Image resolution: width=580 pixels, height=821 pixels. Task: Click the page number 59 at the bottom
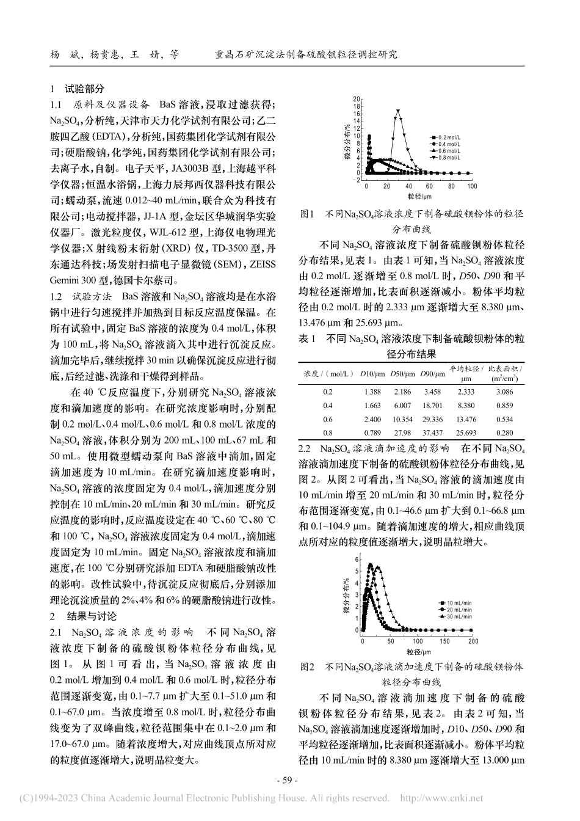287,780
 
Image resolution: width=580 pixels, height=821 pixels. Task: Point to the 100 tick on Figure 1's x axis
472,186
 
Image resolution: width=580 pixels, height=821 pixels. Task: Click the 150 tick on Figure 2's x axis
444,641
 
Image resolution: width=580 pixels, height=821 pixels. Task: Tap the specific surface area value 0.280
505,432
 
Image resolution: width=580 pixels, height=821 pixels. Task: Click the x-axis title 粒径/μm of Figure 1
419,197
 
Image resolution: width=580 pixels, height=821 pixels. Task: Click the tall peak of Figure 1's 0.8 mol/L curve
398,111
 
